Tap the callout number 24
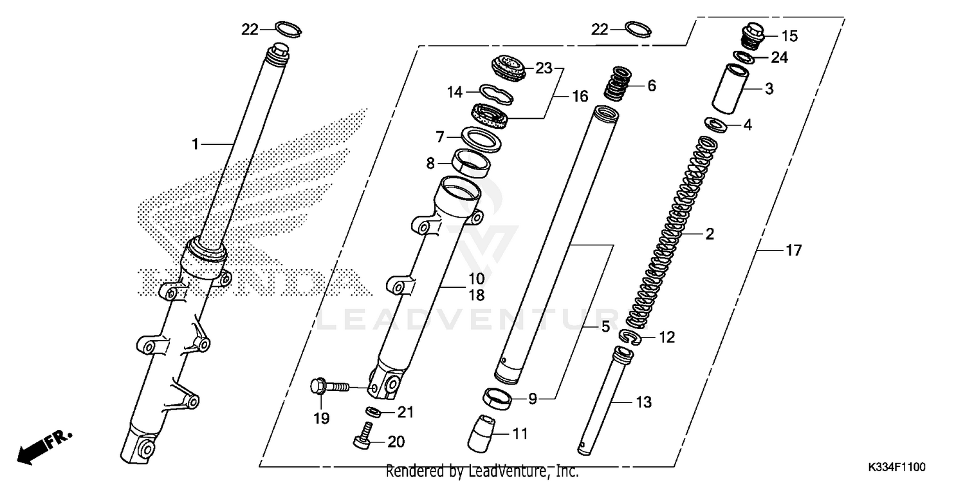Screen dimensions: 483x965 pos(779,58)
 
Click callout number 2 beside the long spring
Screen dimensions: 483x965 pos(710,234)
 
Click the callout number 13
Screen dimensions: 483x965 pos(643,403)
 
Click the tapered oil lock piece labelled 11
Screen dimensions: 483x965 pos(484,434)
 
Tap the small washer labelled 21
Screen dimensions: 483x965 pos(372,412)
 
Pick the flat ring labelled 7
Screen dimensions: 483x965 pos(481,138)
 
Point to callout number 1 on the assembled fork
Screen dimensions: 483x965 pos(196,145)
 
